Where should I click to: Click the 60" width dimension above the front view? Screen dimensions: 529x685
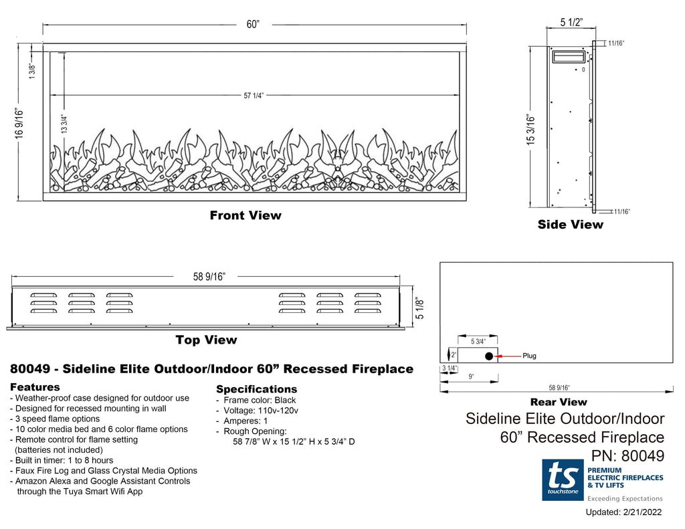tap(253, 25)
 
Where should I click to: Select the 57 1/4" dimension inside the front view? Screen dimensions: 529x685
tap(254, 96)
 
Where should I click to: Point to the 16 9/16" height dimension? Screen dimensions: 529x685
tap(19, 122)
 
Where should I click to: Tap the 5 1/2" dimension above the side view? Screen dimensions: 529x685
tap(571, 23)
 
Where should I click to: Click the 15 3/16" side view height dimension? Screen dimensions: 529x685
tap(531, 130)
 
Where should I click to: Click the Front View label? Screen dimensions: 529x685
tap(246, 215)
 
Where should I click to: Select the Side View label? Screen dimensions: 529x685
tap(570, 225)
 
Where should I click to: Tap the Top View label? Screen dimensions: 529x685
tap(206, 340)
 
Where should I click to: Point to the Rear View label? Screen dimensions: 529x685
tap(558, 402)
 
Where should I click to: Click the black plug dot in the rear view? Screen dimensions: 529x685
tap(489, 356)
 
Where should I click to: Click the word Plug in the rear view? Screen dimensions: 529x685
tap(529, 356)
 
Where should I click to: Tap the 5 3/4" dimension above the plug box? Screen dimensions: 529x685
tap(478, 341)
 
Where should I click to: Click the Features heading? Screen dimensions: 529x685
tap(35, 387)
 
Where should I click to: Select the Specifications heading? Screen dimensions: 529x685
tap(256, 389)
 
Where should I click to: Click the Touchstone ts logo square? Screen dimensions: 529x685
tap(563, 480)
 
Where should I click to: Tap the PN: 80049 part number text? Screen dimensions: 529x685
tap(627, 456)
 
